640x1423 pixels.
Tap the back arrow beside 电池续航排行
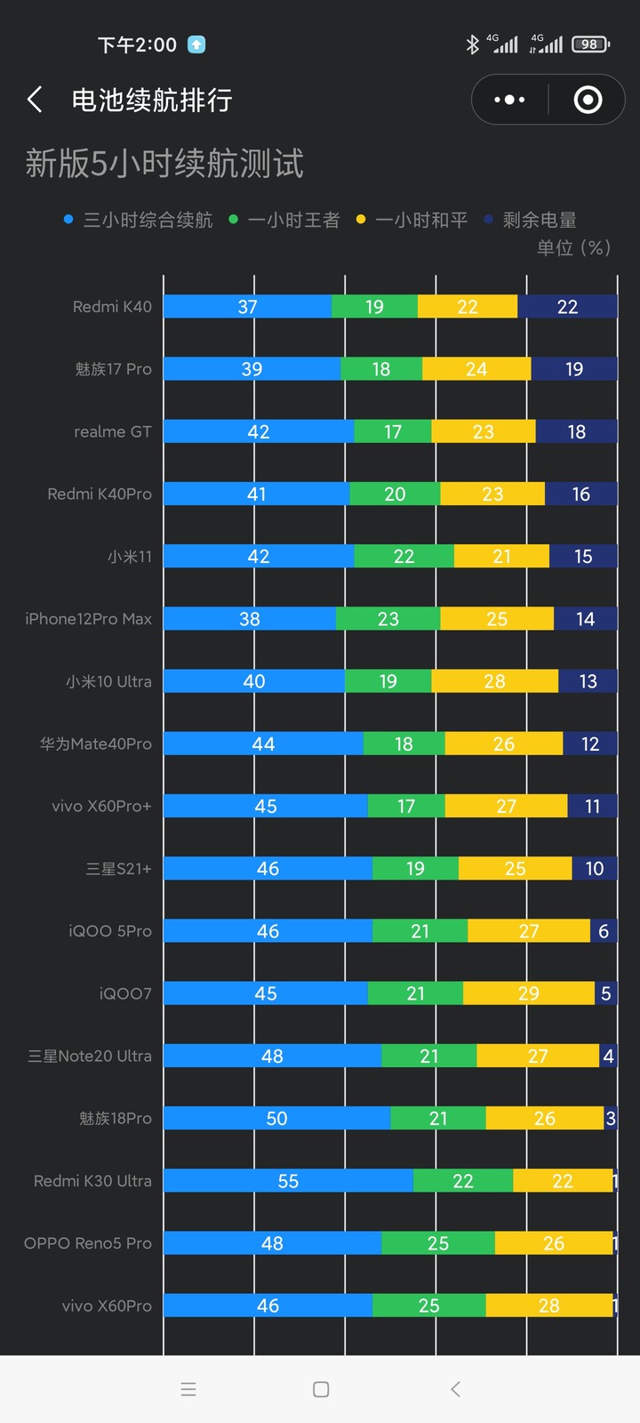tap(35, 100)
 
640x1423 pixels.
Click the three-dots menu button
tap(509, 100)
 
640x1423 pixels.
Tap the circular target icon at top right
tap(588, 100)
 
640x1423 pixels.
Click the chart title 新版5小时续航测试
tap(164, 164)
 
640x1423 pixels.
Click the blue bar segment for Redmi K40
tap(247, 307)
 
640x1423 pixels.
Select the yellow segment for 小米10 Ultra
tap(494, 681)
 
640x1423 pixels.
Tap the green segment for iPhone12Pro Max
tap(388, 619)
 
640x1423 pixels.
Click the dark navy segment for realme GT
tap(576, 431)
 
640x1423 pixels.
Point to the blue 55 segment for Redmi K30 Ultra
tap(288, 1181)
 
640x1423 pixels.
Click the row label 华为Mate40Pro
tap(96, 744)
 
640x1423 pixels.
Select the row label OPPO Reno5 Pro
tap(88, 1243)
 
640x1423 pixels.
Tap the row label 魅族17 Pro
tap(114, 369)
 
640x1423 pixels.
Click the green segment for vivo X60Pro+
tap(406, 806)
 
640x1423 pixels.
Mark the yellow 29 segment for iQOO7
tap(528, 993)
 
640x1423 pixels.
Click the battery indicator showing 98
tap(590, 44)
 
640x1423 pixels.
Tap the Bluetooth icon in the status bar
tap(472, 44)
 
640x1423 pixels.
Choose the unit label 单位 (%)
tap(573, 247)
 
